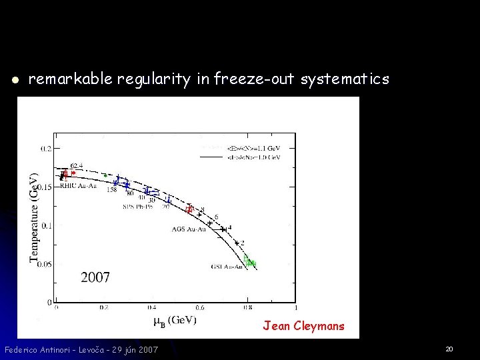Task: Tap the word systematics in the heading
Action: [345, 80]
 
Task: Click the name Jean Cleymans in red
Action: [303, 326]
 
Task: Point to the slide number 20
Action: [449, 349]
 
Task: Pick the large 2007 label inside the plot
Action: [95, 277]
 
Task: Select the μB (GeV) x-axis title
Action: [175, 321]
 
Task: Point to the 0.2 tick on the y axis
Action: [45, 149]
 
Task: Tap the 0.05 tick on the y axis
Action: [43, 265]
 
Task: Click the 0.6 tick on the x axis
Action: [200, 308]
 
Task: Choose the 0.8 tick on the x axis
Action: [248, 308]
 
